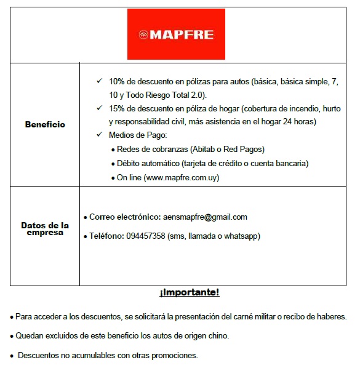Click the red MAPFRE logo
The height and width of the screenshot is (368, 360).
tap(176, 34)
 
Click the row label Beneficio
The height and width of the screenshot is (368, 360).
tap(45, 124)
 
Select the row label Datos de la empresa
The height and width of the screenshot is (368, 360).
tap(45, 229)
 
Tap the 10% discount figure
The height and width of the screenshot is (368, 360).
tap(117, 81)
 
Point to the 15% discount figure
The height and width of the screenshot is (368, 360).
tap(117, 108)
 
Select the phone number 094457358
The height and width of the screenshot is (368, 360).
tap(146, 236)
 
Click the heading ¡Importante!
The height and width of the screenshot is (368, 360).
tap(190, 292)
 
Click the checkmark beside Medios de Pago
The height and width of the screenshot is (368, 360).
tap(100, 135)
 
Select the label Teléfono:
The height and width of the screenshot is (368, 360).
tap(106, 236)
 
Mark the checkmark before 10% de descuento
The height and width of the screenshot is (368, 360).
tap(100, 81)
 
